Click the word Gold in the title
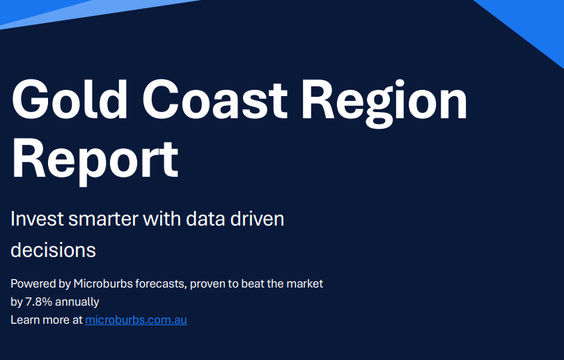coord(70,100)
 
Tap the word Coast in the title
coord(215,100)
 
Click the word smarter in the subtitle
coord(103,219)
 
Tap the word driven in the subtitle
coord(257,219)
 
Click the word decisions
coord(53,250)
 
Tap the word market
coord(305,284)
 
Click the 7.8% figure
coord(38,302)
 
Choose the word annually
coord(77,302)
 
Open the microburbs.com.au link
coord(136,320)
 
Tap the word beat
coord(253,284)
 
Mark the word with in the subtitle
coord(162,219)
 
